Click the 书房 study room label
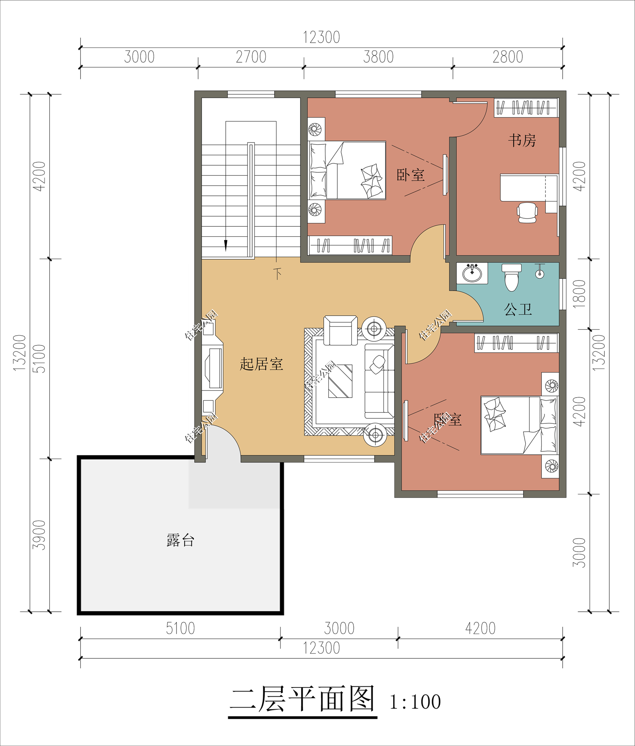(522, 141)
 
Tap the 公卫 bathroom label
(518, 309)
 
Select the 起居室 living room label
(262, 364)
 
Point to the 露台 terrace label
(181, 540)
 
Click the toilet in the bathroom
(512, 277)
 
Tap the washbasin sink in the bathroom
(472, 273)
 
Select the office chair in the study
(527, 213)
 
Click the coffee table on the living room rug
(340, 381)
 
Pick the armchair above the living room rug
(340, 330)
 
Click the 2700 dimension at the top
(251, 57)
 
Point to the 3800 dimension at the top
(378, 57)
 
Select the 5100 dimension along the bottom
(181, 629)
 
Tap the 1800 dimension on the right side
(579, 294)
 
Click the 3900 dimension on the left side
(39, 535)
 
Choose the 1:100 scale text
(415, 702)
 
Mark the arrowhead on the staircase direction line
(226, 245)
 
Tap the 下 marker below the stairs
(277, 274)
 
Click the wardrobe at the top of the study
(526, 108)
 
